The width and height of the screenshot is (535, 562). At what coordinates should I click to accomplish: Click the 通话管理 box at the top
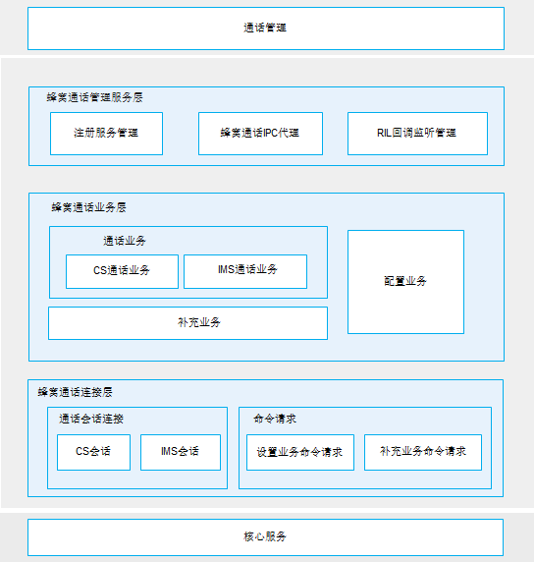tap(266, 28)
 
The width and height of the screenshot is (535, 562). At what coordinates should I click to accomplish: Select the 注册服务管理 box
tap(106, 134)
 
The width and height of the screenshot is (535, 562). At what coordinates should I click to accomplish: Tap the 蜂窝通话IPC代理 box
tap(260, 134)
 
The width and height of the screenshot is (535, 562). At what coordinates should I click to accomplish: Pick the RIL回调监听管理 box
tap(417, 134)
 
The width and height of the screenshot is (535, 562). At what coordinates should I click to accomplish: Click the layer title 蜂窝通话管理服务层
tap(94, 97)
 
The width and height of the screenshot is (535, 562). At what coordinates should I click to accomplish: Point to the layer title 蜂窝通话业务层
tap(88, 207)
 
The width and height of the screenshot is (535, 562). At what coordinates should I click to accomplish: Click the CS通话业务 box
tap(122, 271)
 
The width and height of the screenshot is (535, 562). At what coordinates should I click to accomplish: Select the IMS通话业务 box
tap(245, 271)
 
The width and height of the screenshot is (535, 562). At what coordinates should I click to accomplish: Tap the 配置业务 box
tap(405, 282)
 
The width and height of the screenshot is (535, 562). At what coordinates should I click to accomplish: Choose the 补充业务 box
tap(187, 323)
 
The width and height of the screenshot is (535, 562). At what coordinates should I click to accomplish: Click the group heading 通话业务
tap(125, 241)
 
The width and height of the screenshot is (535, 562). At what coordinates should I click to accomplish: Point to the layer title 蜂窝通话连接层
tap(76, 392)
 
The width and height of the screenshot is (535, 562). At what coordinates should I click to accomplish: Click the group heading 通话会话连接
tap(91, 419)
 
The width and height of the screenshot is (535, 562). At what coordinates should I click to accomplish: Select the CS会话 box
tap(93, 452)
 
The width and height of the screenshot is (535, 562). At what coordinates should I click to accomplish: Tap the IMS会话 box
tap(181, 452)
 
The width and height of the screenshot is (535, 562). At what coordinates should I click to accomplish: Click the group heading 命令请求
tap(275, 419)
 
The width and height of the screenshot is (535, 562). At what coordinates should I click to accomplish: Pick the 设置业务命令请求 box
tap(300, 452)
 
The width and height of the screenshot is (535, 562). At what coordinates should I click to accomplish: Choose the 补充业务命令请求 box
tap(423, 452)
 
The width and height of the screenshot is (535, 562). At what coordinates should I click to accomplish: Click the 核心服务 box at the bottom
tap(265, 537)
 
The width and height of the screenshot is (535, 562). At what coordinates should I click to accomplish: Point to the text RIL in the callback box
tap(384, 133)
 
